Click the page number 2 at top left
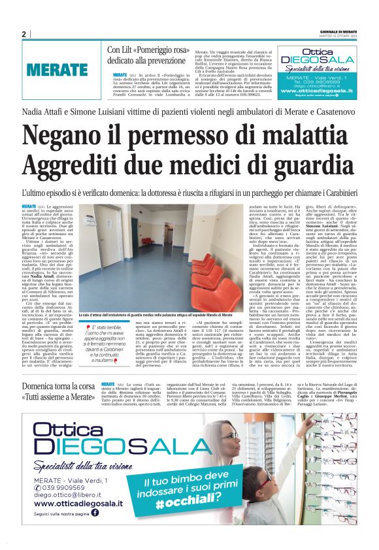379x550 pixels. point(24,35)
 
